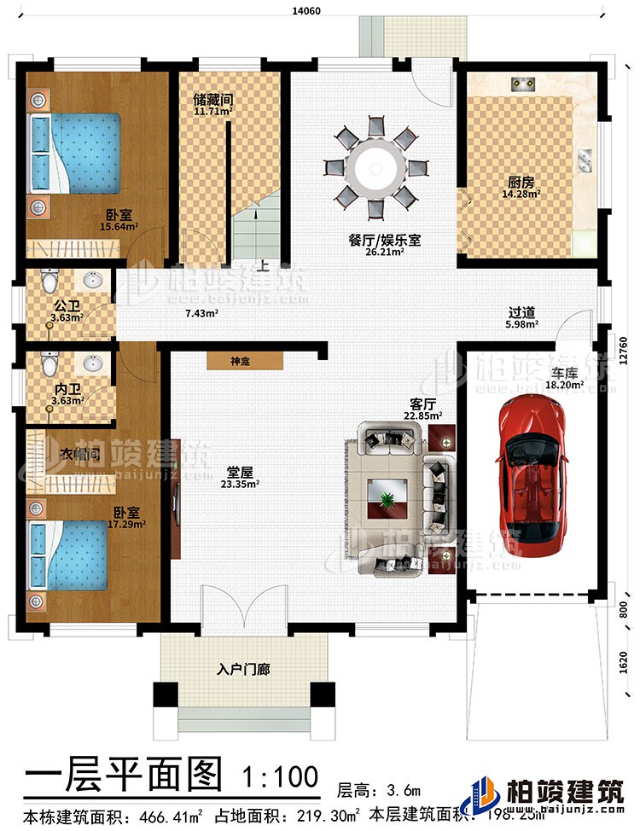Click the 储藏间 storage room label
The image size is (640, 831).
point(213,99)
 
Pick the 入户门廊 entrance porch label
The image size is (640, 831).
point(244,671)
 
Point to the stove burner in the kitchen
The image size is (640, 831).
point(521,83)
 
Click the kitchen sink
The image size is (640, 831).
point(587,159)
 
